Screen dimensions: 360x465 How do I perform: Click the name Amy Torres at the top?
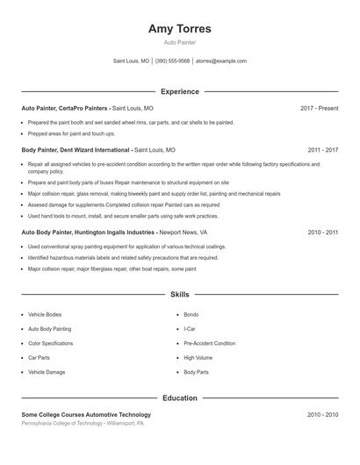[x=180, y=29]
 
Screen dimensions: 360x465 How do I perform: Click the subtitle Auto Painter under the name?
[x=180, y=43]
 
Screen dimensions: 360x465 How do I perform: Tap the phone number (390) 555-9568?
[x=173, y=61]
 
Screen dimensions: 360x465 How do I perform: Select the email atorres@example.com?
[x=221, y=61]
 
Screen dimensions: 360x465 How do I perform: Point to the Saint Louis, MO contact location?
[x=132, y=61]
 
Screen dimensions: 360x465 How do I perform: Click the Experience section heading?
[x=180, y=91]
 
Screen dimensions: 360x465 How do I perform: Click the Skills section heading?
[x=180, y=295]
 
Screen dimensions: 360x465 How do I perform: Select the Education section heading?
[x=180, y=398]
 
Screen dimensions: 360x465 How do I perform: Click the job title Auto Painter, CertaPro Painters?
[x=64, y=108]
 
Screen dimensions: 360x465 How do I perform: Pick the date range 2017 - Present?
[x=319, y=108]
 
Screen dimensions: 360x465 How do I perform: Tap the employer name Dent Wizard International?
[x=94, y=150]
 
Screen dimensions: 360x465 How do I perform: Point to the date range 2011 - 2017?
[x=322, y=150]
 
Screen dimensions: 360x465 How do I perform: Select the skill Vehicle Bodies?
[x=45, y=314]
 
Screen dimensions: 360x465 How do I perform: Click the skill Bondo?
[x=191, y=314]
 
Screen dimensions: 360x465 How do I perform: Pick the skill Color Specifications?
[x=51, y=344]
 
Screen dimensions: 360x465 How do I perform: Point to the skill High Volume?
[x=198, y=358]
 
